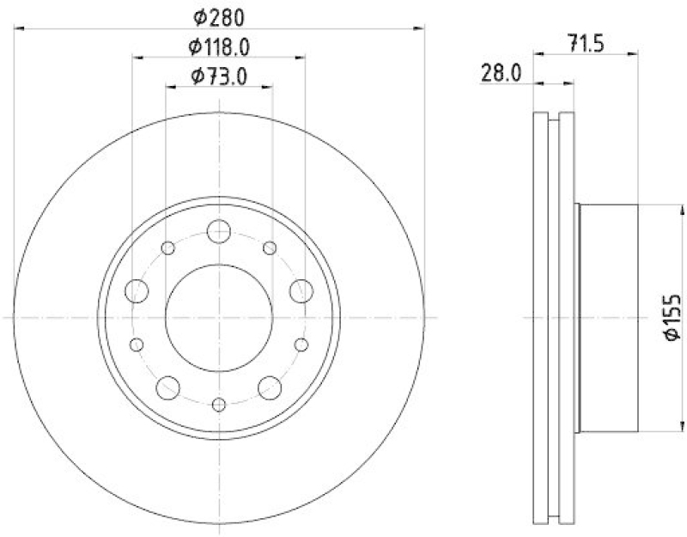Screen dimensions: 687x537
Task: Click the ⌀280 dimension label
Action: click(x=219, y=18)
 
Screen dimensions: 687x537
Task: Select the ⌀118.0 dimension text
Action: click(x=219, y=47)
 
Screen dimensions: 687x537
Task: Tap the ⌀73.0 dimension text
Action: click(x=219, y=76)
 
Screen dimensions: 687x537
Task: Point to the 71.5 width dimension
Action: click(x=586, y=43)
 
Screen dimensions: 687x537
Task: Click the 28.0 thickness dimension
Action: click(x=502, y=73)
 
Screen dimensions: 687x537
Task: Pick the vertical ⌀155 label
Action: click(x=672, y=317)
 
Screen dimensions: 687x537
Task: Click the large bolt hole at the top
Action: click(x=219, y=231)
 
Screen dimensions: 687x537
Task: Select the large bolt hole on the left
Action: click(x=137, y=290)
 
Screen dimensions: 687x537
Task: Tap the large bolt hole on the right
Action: click(x=301, y=290)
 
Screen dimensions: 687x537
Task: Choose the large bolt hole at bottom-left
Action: click(x=168, y=387)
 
